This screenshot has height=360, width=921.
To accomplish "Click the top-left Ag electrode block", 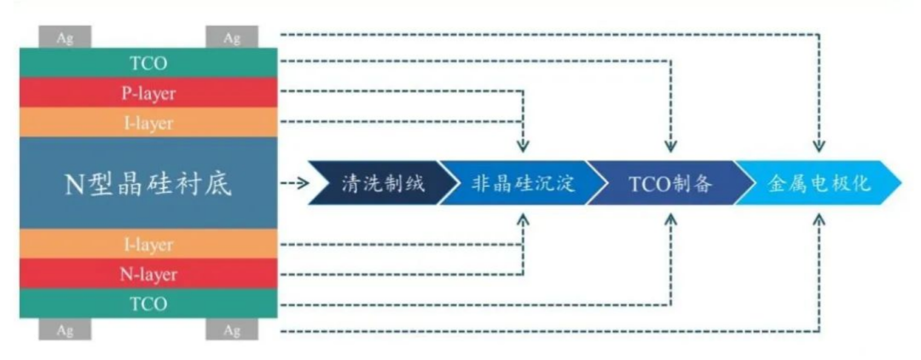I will tap(65, 38).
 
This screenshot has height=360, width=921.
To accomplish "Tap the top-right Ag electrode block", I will tap(232, 38).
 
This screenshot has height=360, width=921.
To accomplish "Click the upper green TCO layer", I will tap(148, 63).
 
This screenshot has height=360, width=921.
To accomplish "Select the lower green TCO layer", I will tap(148, 305).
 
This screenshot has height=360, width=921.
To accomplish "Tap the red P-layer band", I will tap(148, 93).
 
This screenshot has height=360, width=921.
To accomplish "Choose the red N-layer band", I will tap(148, 275).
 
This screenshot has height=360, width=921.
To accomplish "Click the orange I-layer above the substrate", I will tap(148, 123).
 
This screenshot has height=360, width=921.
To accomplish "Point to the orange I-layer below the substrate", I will tap(148, 245).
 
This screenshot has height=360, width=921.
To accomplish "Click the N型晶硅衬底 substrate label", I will tap(148, 183).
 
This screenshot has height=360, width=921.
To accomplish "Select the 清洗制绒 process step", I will tap(381, 183).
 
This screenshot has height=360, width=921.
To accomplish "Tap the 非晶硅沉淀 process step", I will tap(522, 183).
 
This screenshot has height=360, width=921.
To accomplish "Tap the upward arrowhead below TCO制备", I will tap(671, 219).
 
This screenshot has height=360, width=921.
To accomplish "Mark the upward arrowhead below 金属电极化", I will tap(820, 219).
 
